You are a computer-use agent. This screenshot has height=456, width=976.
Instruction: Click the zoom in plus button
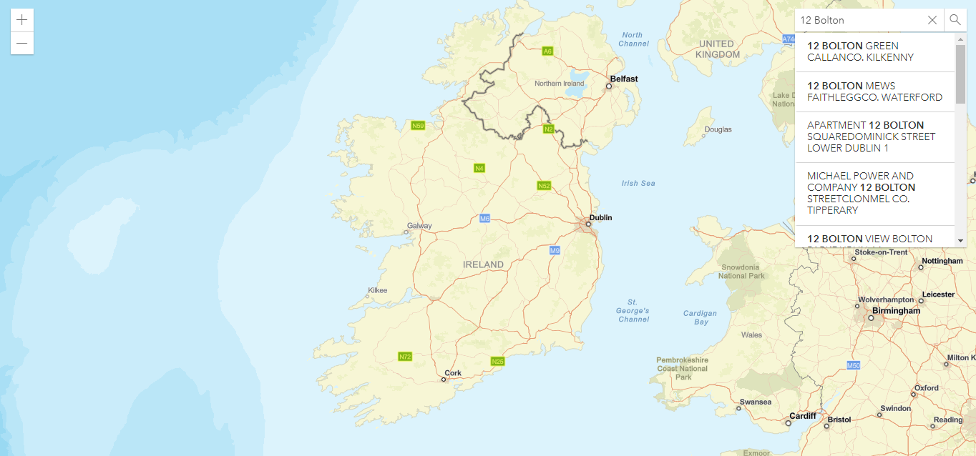22,20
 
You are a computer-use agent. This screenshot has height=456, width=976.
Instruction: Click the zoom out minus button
22,44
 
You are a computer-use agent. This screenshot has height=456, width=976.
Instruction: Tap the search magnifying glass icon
955,20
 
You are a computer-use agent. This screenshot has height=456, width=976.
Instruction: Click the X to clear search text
932,20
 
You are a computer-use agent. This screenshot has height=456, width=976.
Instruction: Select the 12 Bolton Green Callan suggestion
874,51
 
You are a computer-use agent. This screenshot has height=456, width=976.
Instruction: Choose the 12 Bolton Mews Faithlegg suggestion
874,91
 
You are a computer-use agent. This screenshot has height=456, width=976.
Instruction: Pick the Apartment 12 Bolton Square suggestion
874,137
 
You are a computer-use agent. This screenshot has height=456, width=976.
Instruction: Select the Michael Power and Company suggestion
874,193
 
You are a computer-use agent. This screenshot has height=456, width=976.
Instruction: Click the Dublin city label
600,218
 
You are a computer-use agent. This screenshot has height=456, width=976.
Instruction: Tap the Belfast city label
623,79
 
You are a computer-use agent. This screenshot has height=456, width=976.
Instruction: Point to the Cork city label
453,373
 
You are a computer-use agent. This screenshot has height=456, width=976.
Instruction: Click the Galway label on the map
419,226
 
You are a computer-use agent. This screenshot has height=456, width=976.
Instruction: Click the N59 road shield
419,126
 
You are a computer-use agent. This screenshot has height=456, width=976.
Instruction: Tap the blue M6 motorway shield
484,218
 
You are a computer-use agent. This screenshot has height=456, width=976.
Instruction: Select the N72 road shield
405,356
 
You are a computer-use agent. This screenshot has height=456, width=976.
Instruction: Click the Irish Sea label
638,184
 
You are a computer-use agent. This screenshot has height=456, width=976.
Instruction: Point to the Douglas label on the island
718,130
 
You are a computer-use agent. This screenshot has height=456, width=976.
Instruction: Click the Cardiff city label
802,416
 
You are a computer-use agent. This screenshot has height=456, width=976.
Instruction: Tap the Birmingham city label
896,311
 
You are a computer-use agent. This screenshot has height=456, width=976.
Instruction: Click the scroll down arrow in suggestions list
960,242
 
